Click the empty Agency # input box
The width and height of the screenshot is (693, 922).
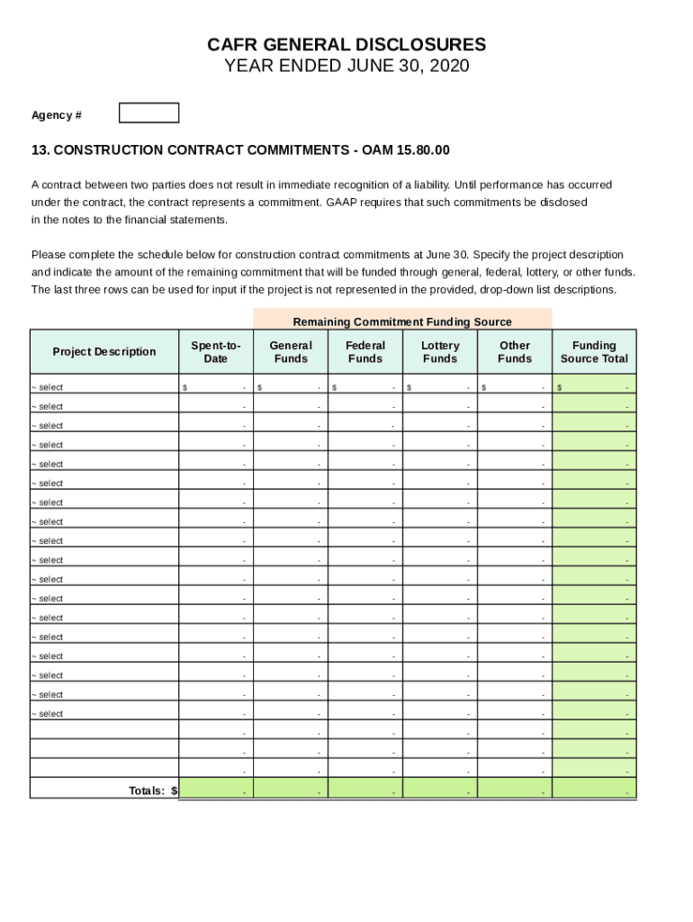coord(149,113)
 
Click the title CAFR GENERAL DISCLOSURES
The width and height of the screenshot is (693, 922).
coord(346,45)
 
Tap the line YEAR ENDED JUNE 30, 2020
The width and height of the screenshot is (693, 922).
coord(346,67)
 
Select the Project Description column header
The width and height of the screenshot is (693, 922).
coord(104,352)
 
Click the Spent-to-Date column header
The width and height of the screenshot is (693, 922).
coord(216,352)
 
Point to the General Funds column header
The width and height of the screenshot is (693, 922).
coord(291,352)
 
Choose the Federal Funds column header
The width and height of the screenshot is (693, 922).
coord(365,352)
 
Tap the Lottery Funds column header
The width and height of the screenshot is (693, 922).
coord(440,352)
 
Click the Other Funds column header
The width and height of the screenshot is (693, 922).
coord(515,352)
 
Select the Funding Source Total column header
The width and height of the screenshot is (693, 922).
coord(594,352)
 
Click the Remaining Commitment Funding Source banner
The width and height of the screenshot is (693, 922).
coord(402,321)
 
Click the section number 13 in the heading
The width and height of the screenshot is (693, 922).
coord(38,149)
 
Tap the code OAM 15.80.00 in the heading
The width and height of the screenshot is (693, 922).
coord(406,149)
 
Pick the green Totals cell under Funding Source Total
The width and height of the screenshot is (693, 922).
coord(594,789)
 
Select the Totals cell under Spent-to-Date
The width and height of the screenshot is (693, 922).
coord(216,789)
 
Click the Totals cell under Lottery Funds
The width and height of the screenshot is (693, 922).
coord(440,789)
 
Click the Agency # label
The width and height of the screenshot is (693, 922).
coord(57,115)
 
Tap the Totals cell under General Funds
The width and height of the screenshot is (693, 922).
coord(291,789)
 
